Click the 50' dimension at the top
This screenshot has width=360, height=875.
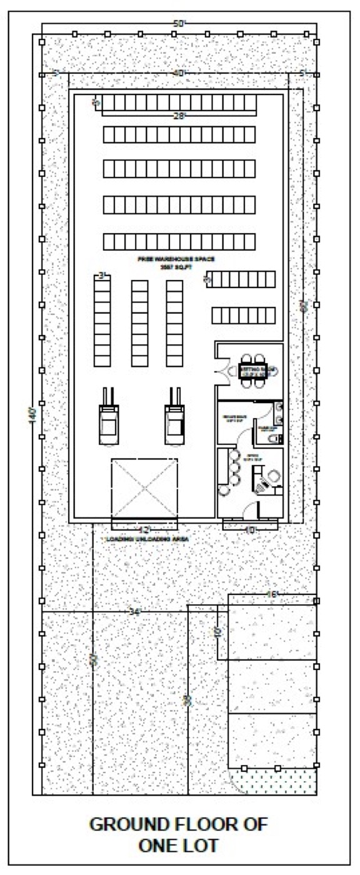coord(180,24)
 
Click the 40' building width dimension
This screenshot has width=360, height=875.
coord(179,73)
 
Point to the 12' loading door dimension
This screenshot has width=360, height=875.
coord(144,530)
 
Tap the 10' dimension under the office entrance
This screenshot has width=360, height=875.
coord(250,530)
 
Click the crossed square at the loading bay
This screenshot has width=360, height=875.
coord(144,488)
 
